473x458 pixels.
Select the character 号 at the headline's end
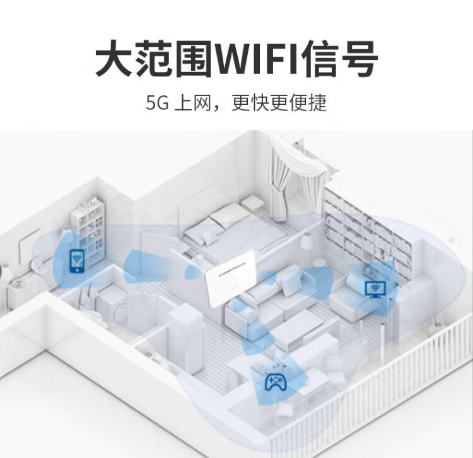(x=359, y=58)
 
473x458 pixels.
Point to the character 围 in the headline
(x=193, y=58)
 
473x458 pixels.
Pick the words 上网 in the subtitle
(x=192, y=103)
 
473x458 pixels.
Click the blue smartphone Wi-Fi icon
(x=77, y=261)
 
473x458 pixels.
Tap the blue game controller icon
(x=275, y=382)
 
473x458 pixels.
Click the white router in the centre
(x=230, y=279)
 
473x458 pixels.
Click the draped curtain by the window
(x=286, y=175)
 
